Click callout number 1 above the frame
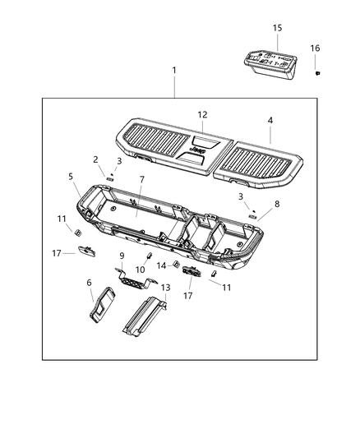tap(173, 71)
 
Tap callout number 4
tap(270, 120)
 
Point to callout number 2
tap(95, 159)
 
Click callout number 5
tap(71, 176)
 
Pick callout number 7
tap(141, 179)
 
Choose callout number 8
tap(277, 204)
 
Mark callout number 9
tap(122, 256)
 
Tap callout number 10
tap(141, 270)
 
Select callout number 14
tap(162, 265)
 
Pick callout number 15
tap(277, 28)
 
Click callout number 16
tap(315, 48)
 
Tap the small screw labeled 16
tap(316, 73)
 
